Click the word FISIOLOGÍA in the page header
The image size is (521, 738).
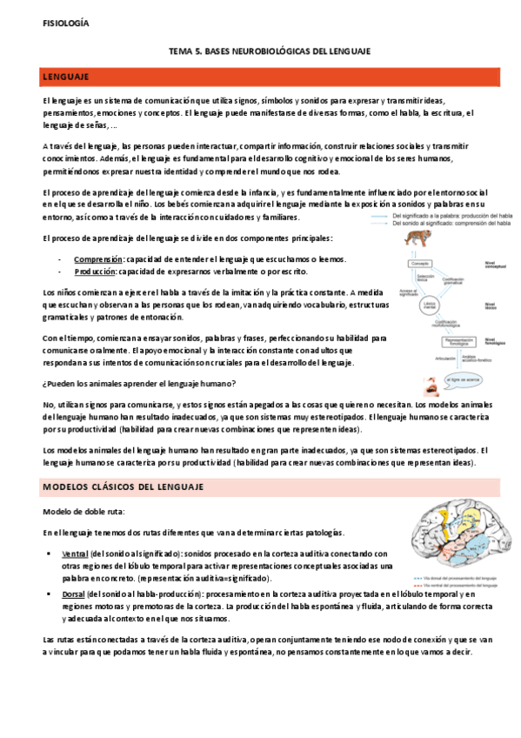coord(65,23)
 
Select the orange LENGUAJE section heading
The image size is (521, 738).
coord(69,78)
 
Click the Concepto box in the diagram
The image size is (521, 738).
coord(423,263)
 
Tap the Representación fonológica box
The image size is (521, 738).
coord(444,342)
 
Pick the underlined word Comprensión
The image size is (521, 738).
coord(97,259)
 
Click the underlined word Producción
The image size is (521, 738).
coord(95,272)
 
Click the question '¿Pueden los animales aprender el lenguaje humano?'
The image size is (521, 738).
coord(139,385)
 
